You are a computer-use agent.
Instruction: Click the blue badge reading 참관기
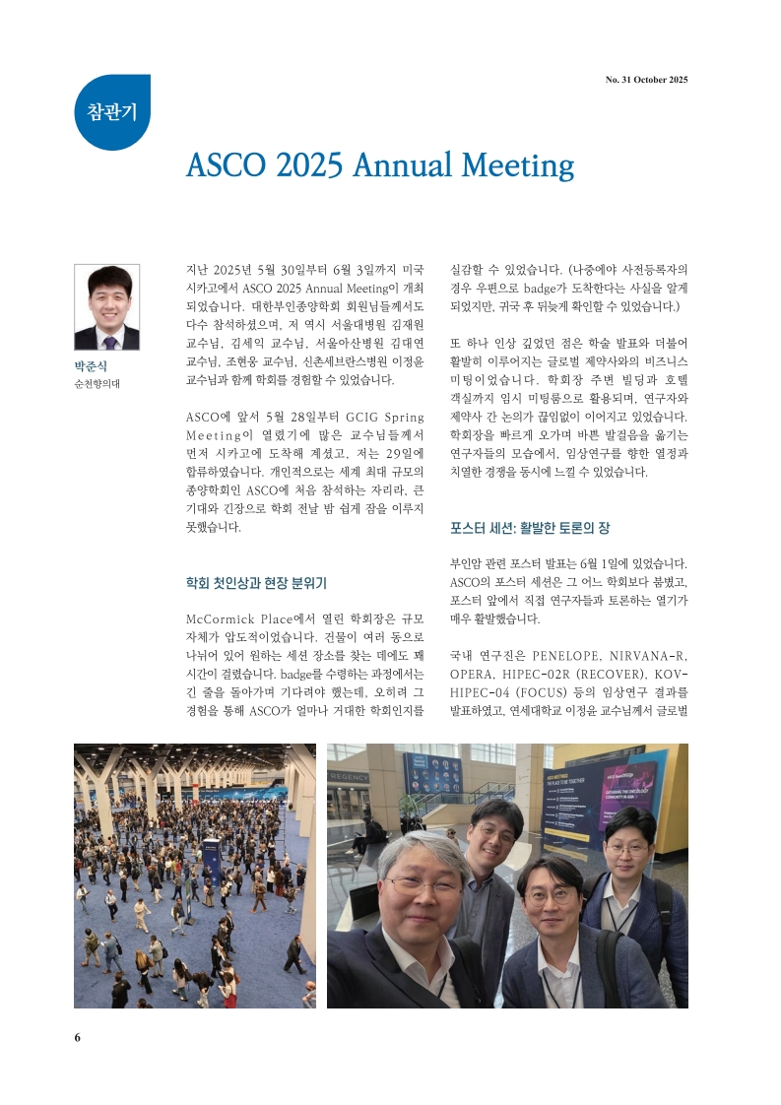(112, 111)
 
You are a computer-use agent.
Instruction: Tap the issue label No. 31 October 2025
(646, 80)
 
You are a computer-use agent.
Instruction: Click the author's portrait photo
(106, 307)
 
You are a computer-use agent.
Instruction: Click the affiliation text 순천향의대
(97, 384)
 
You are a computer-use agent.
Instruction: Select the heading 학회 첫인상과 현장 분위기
(256, 583)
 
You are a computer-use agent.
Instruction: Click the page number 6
(78, 1037)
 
